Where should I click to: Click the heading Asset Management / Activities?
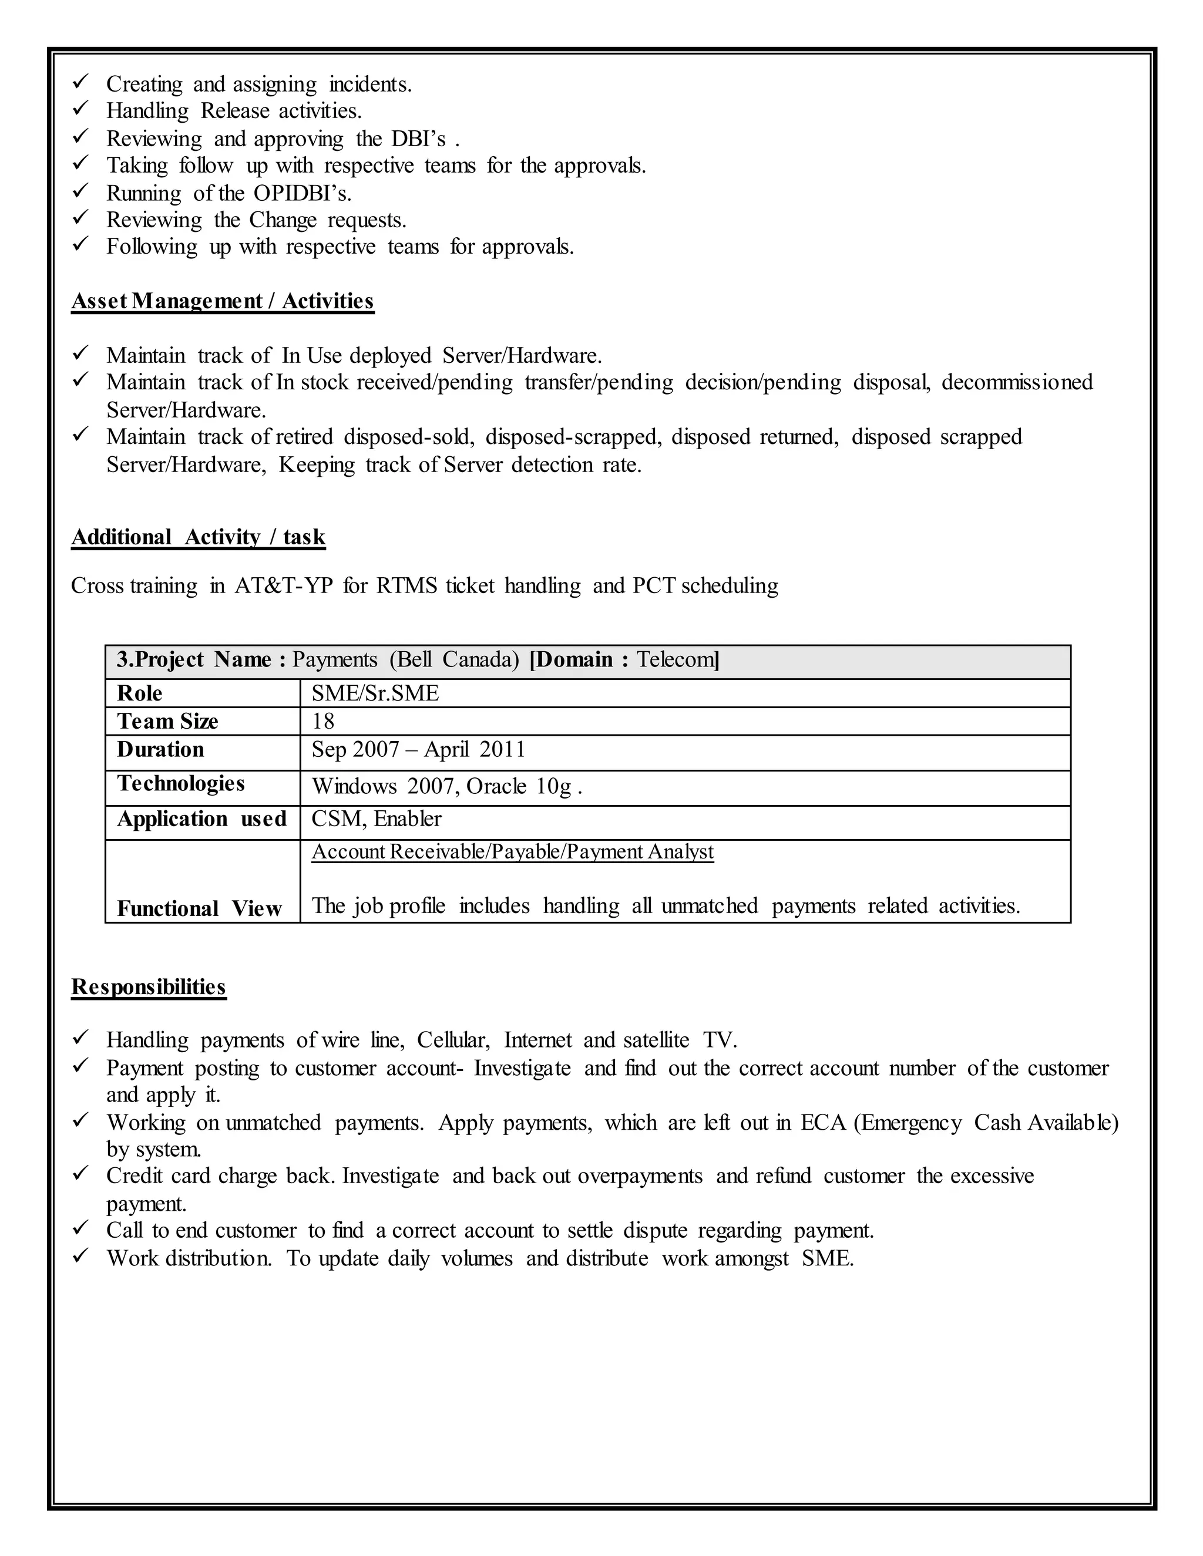coord(223,301)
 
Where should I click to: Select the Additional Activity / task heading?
coord(198,537)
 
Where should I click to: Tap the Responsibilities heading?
coord(148,987)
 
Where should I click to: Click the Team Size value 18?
coord(323,722)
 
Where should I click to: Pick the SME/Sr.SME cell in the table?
coord(375,693)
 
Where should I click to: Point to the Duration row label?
coord(160,749)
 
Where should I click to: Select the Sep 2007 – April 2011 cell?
coord(418,749)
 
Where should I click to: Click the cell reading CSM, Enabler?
coord(377,819)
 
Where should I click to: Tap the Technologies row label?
coord(181,784)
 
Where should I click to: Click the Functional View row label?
coord(200,909)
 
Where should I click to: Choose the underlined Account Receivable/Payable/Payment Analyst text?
coord(512,852)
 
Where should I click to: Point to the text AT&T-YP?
coord(284,585)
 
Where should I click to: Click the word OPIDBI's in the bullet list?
coord(302,193)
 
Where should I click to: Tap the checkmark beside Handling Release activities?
coord(80,109)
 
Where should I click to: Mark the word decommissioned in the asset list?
coord(1017,383)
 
